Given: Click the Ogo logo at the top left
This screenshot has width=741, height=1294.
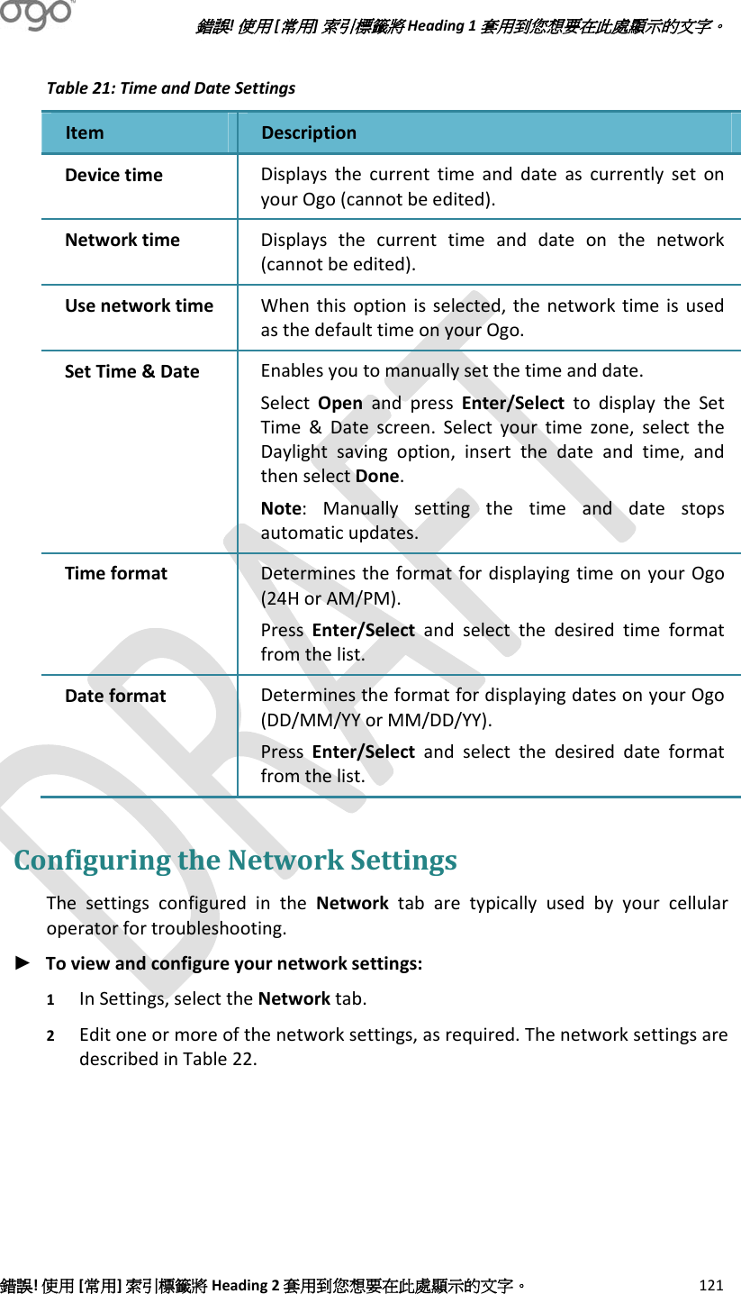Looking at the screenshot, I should click(36, 15).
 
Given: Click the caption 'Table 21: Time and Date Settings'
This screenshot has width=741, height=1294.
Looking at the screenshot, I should click(170, 88).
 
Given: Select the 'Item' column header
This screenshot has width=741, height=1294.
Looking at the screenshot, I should click(85, 133).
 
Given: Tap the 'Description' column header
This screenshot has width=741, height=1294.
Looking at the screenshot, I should click(309, 133).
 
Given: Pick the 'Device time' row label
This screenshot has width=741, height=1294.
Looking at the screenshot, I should click(113, 175).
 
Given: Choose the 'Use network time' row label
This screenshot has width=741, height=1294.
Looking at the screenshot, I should click(139, 306).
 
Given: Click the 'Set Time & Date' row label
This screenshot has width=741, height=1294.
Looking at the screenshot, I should click(131, 371).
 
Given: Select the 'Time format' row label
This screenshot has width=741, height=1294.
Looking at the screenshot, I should click(115, 573).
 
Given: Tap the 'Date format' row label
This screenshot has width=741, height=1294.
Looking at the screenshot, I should click(115, 696).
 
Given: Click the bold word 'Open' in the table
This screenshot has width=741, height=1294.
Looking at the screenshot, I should click(340, 403).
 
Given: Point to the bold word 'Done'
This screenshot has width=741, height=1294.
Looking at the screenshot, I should click(378, 476).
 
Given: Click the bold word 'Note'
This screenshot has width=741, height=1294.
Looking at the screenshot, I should click(280, 509).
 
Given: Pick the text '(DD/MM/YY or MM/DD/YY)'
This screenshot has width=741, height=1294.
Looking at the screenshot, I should click(375, 720).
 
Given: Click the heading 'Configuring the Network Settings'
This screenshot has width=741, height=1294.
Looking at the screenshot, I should click(235, 861).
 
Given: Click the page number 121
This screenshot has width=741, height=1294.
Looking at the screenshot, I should click(711, 1285).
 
